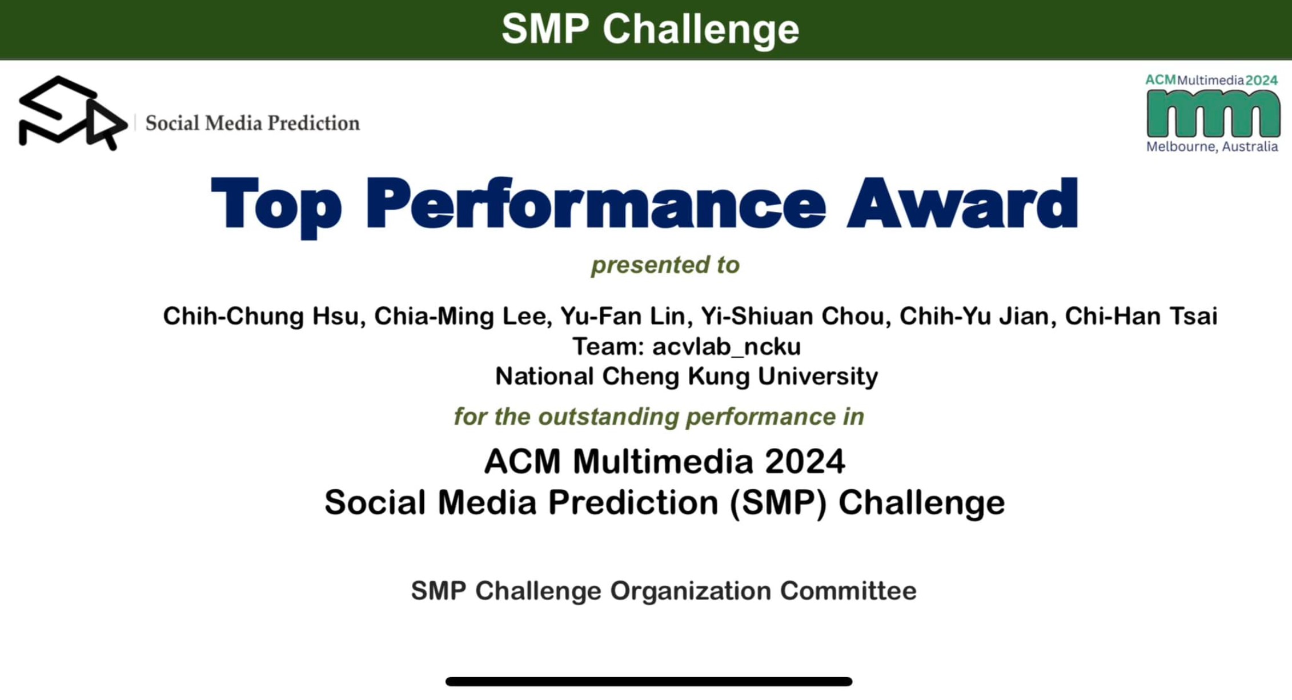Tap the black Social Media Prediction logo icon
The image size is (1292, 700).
[73, 113]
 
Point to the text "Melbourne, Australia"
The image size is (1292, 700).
[1212, 147]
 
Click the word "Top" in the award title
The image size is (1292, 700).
[276, 206]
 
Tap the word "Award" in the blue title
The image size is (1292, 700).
[962, 203]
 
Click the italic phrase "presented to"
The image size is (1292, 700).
[665, 265]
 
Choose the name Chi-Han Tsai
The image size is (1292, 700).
[1141, 316]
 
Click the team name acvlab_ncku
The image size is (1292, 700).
[727, 347]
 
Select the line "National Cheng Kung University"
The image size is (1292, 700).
[687, 377]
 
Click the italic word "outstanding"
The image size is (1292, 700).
[609, 417]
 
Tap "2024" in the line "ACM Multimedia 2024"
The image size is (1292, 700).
[805, 461]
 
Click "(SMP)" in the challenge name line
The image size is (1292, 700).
[779, 503]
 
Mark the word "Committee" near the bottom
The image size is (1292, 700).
[848, 591]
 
